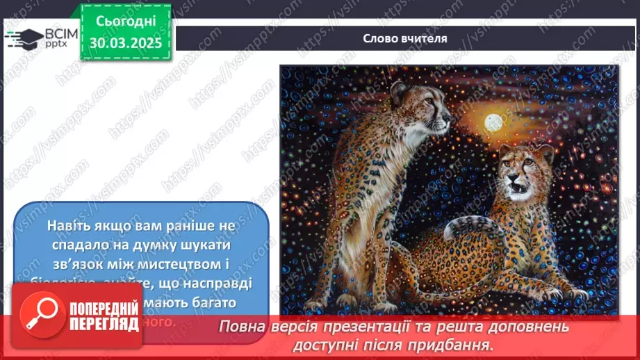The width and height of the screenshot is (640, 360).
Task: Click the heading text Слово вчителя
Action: pos(405,38)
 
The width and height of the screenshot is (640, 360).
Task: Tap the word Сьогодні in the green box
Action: pos(125,22)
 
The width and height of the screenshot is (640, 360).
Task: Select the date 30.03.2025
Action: pos(125,42)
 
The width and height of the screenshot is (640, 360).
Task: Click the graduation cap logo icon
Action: pos(24,38)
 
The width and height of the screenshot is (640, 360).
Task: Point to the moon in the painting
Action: pos(494,122)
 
